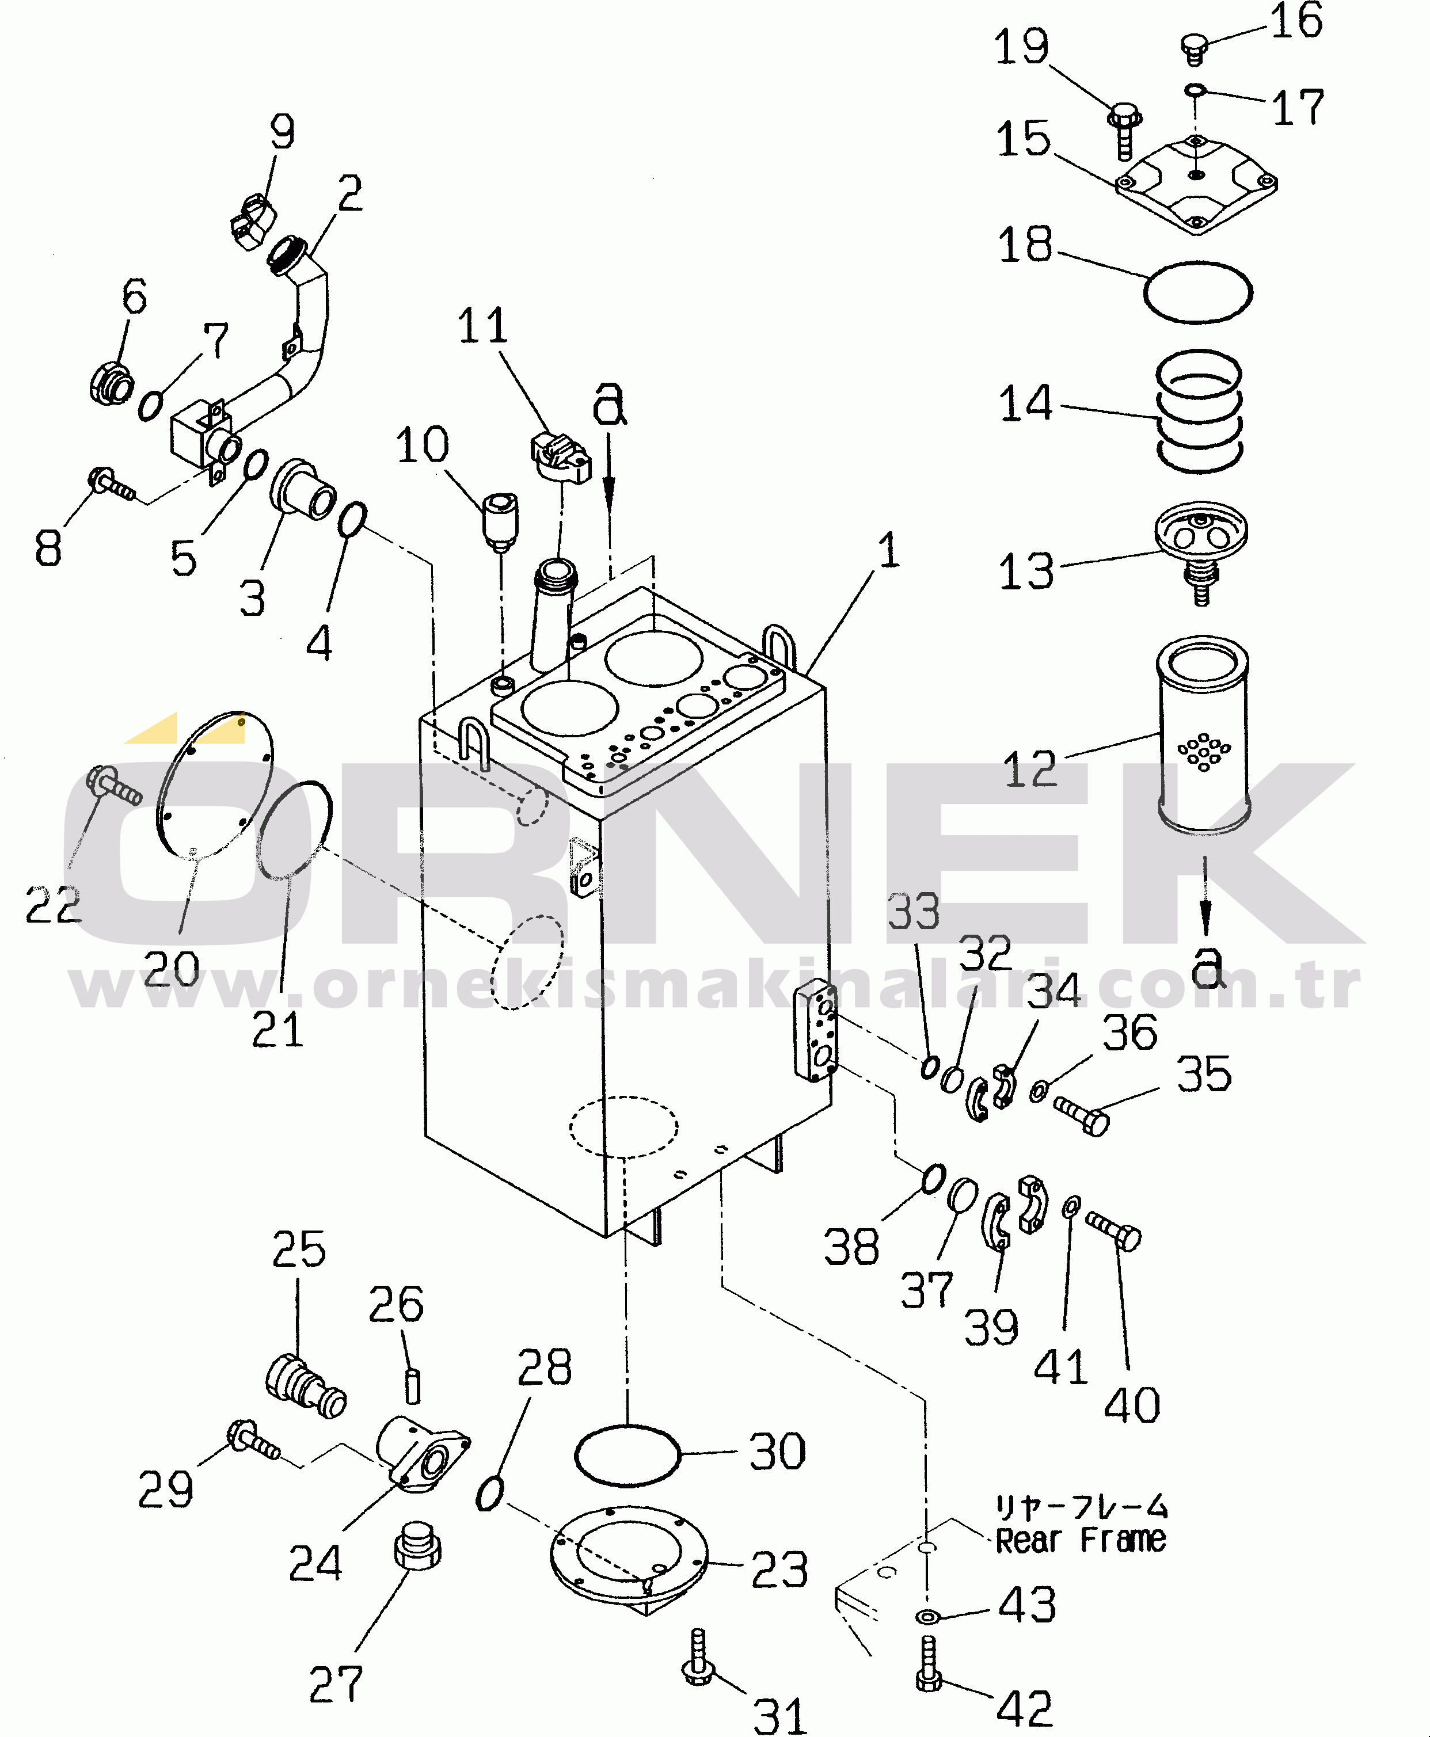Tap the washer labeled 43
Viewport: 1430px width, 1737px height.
(x=927, y=1617)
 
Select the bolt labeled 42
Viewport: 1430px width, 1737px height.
(x=929, y=1663)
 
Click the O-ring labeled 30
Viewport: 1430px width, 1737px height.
(x=627, y=1429)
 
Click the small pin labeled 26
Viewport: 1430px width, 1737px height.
(x=413, y=1386)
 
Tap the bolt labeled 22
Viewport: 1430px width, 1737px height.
(x=113, y=784)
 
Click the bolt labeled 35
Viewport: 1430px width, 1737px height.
(x=1082, y=1116)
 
